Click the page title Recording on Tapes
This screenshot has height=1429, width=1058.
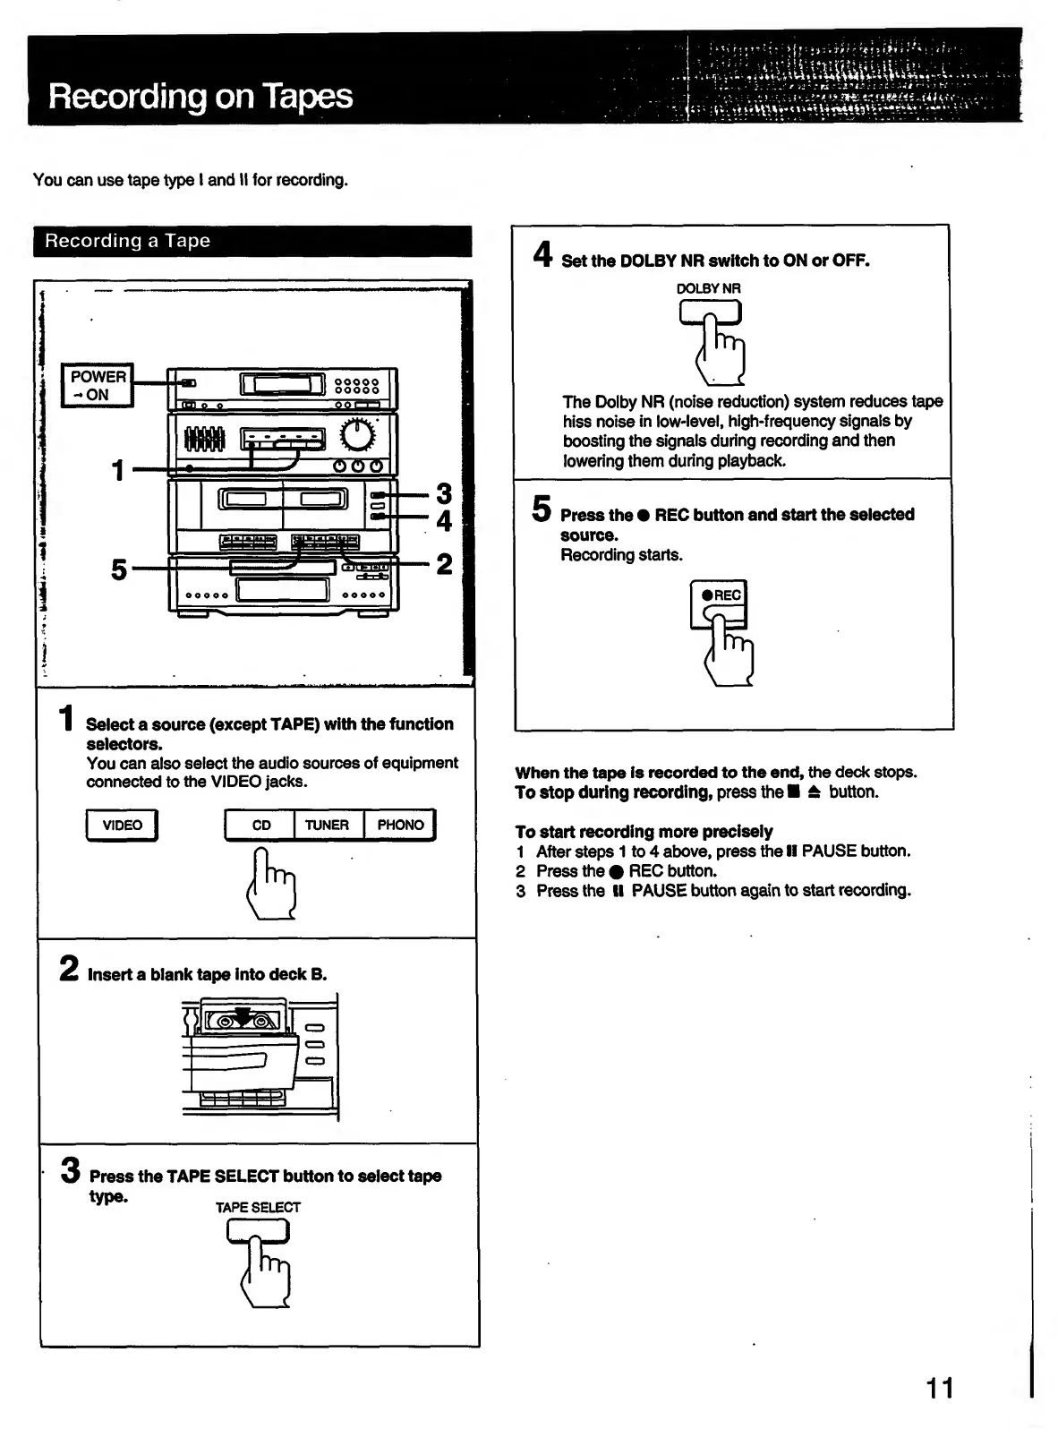[x=201, y=96]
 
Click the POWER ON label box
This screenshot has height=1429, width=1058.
[x=98, y=386]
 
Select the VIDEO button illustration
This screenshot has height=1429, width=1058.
[x=122, y=825]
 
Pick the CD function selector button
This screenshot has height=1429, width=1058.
[x=260, y=825]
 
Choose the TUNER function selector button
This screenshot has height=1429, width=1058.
[x=327, y=825]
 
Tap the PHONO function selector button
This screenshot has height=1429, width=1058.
[x=400, y=825]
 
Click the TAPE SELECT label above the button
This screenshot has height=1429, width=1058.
[x=258, y=1207]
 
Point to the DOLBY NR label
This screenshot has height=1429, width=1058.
[x=708, y=288]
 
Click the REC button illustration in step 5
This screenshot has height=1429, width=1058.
[x=719, y=604]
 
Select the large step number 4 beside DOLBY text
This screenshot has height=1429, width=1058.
[x=542, y=255]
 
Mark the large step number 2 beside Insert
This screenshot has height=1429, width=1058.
[x=69, y=969]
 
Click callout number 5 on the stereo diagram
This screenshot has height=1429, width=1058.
[x=119, y=569]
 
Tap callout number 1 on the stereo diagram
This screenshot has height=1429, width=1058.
[x=118, y=469]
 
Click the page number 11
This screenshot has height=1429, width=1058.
[x=939, y=1388]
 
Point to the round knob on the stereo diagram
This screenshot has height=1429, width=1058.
[x=358, y=436]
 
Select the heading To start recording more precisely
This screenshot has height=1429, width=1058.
[x=644, y=831]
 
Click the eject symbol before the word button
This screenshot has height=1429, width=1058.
[x=814, y=792]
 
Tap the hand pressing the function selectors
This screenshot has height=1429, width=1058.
[x=271, y=886]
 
